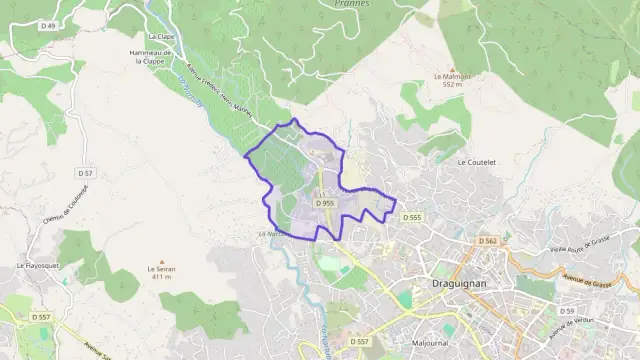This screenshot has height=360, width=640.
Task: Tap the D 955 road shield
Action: (324, 203)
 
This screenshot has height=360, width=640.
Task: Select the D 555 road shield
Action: (412, 217)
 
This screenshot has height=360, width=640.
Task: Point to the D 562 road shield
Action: (488, 241)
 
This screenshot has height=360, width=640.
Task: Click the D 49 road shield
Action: (48, 24)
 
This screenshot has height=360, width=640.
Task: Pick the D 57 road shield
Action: (85, 173)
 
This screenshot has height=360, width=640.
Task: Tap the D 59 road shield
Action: (566, 311)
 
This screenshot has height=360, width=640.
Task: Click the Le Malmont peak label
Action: (451, 76)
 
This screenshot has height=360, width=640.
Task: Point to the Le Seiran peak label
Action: (161, 268)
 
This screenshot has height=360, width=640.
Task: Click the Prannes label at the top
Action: (348, 4)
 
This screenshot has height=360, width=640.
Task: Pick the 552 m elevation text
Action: (451, 86)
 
